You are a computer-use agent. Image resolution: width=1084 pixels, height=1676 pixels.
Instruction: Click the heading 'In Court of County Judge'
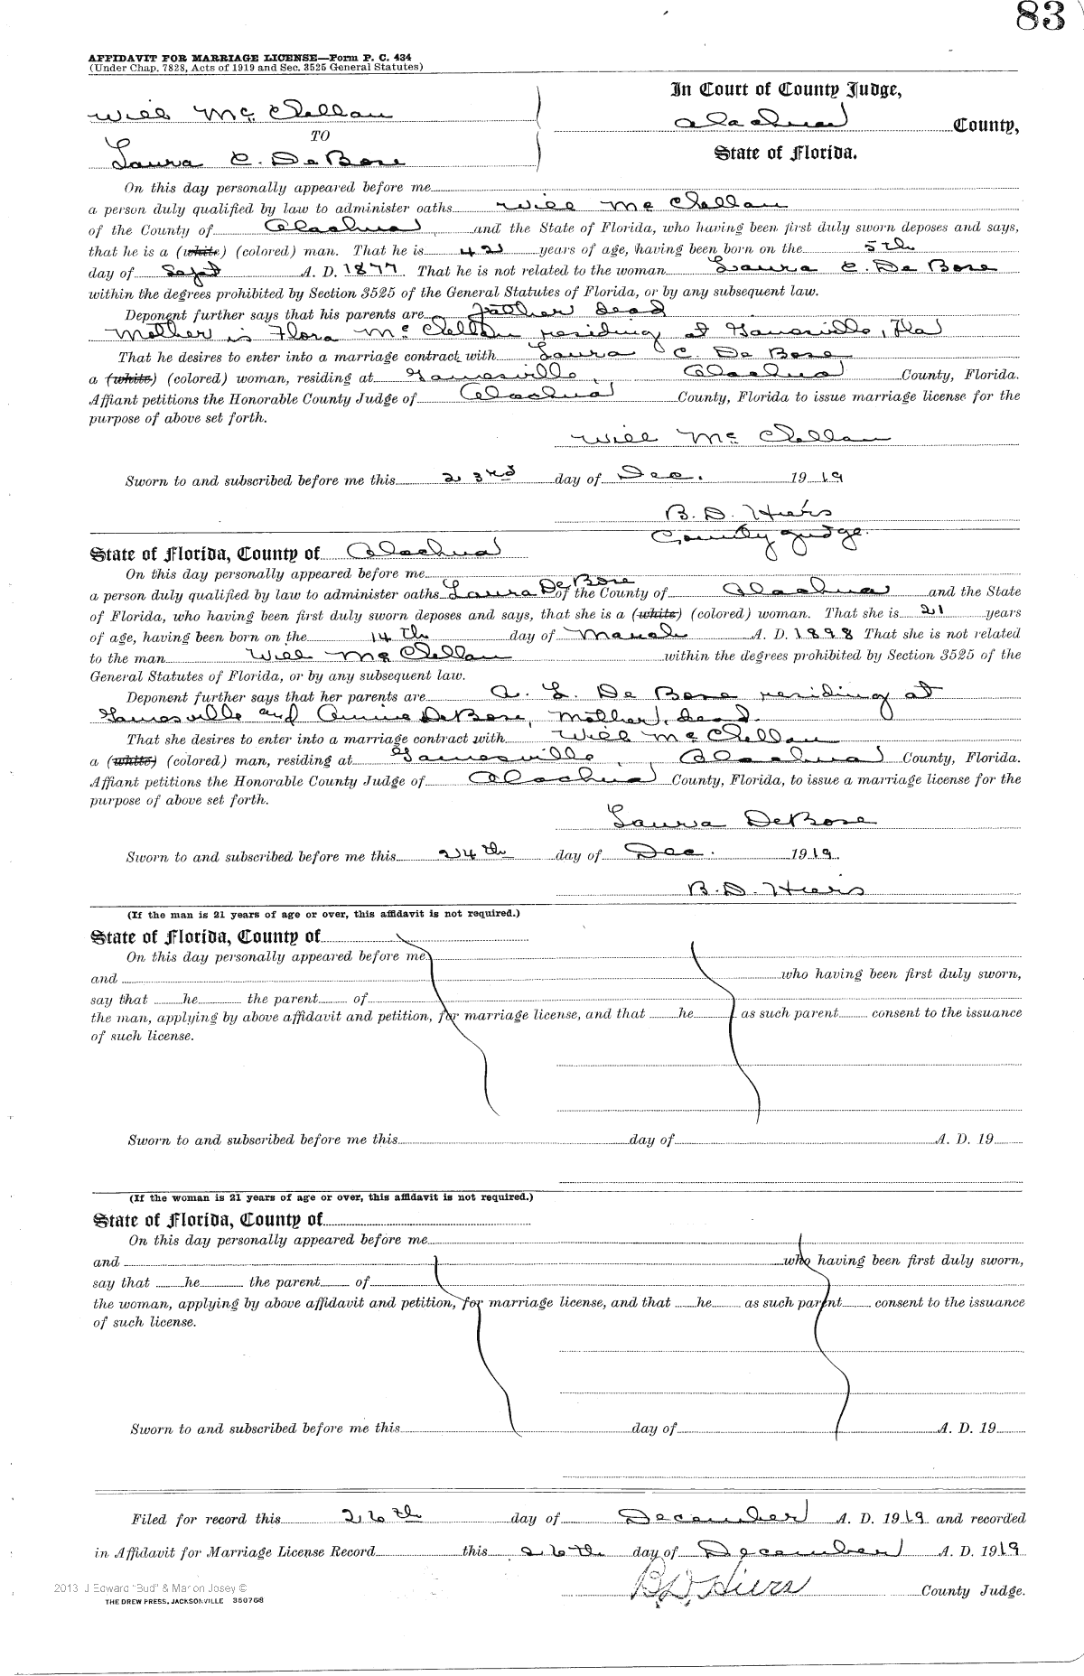pos(785,89)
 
